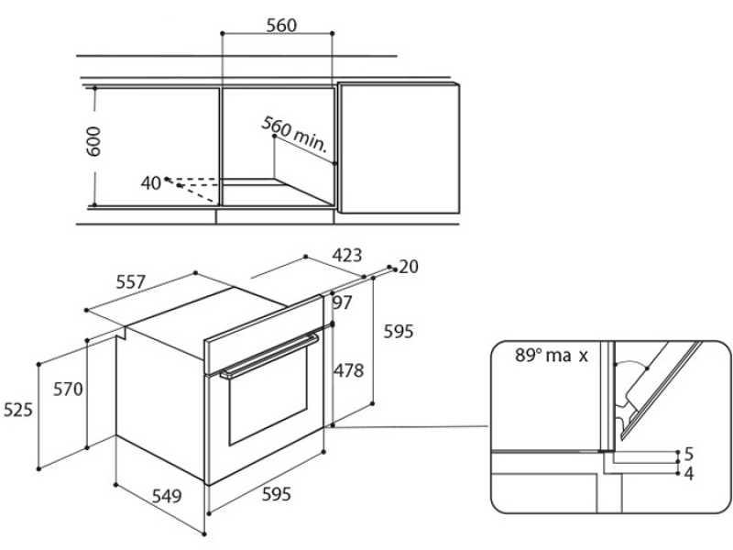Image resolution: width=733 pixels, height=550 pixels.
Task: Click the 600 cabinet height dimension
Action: point(94,141)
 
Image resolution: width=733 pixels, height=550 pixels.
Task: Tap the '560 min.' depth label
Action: point(294,134)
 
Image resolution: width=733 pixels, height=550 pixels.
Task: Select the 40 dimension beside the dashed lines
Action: point(150,183)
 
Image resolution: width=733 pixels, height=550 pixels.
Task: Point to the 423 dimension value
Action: point(347,256)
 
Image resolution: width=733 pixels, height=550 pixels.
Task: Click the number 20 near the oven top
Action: point(409,267)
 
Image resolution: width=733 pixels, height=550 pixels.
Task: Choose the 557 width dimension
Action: point(131,282)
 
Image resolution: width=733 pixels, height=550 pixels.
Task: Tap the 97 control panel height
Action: point(342,303)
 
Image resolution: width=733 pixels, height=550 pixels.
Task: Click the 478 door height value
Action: point(348,371)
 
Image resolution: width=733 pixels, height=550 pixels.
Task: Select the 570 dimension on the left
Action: point(68,389)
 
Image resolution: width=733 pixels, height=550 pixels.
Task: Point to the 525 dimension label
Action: point(18,410)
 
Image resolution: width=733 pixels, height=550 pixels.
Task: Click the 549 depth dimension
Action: point(167,496)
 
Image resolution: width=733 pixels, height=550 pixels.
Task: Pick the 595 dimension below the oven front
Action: point(277,494)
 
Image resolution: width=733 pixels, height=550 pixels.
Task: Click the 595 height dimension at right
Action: point(399,332)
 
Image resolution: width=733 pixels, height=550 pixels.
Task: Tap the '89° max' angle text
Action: point(552,356)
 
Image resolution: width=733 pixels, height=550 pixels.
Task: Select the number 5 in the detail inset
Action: point(689,454)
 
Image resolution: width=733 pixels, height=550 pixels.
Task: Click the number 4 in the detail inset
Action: point(689,474)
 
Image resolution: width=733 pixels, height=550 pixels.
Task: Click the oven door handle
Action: point(269,356)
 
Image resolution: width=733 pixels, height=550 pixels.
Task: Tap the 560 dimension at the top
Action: point(281,26)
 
